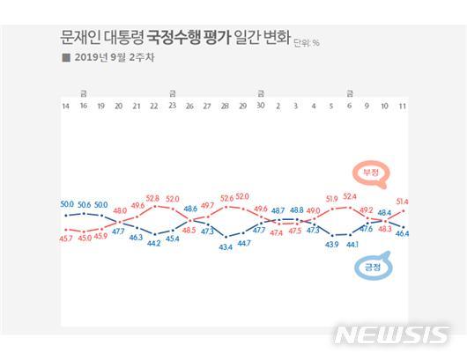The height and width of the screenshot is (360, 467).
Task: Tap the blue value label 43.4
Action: point(226,247)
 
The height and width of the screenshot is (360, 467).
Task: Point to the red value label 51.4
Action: point(403,202)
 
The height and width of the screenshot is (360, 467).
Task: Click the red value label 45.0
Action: point(84,237)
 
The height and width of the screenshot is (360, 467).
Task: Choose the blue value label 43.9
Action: point(332,244)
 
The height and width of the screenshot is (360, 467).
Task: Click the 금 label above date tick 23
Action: point(172,93)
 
